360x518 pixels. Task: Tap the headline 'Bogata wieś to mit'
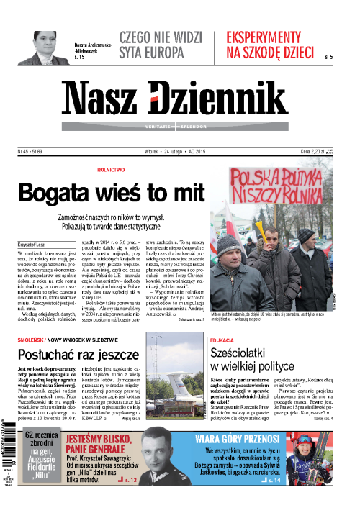click(107, 193)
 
